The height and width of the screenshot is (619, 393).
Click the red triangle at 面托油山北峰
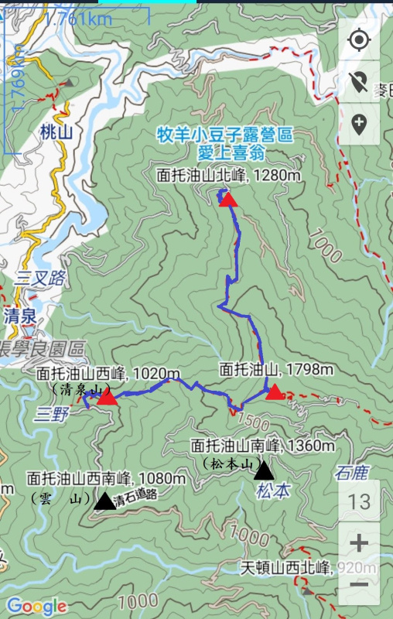(x=227, y=200)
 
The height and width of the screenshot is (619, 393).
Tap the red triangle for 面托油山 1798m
(x=275, y=392)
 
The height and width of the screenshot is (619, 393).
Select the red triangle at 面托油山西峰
(x=108, y=398)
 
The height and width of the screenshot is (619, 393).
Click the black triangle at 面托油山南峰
(x=264, y=470)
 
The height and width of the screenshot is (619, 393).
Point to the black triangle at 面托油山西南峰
(x=104, y=501)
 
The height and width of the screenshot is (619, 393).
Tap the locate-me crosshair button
(x=359, y=40)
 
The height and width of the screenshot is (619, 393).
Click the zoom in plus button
(x=359, y=543)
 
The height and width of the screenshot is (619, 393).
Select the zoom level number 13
(x=359, y=501)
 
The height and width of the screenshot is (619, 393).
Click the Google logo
(x=36, y=606)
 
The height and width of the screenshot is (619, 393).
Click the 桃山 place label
(x=56, y=132)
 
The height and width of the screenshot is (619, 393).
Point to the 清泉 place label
(x=20, y=315)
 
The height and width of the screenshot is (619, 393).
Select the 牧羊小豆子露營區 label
(x=225, y=135)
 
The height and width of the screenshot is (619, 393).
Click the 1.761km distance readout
(x=77, y=17)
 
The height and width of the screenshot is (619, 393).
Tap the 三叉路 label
(x=39, y=279)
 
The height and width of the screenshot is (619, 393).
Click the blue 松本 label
(x=273, y=490)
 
